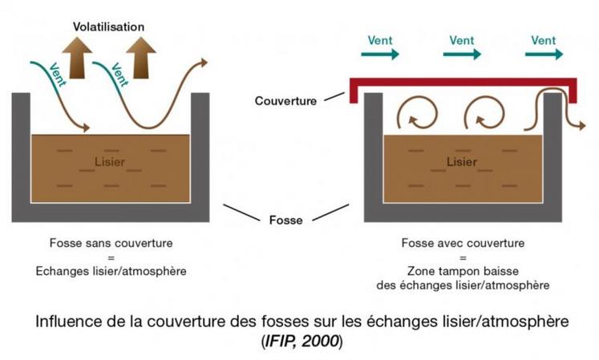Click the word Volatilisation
[x=109, y=26]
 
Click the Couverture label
[x=285, y=101]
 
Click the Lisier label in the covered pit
[x=460, y=163]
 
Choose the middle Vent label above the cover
[x=462, y=39]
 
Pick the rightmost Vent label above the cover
[x=543, y=39]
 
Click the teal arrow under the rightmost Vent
[x=543, y=55]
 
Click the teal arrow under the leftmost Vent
[x=379, y=55]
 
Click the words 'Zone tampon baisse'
[x=463, y=271]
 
